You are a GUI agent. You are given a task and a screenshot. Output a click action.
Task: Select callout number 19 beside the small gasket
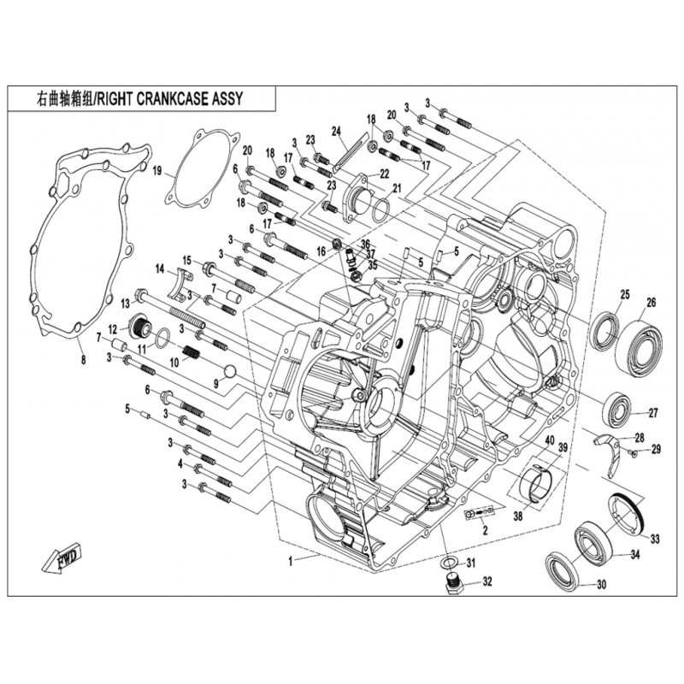coord(157,171)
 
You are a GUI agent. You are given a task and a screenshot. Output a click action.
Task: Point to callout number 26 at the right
coord(651,302)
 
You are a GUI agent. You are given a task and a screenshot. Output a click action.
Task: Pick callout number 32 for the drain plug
coord(487,582)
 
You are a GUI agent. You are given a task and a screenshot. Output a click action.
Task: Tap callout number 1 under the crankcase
coord(291,561)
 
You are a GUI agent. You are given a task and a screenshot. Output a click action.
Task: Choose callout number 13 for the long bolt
coord(126,303)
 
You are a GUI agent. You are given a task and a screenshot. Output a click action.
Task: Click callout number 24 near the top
coord(336,131)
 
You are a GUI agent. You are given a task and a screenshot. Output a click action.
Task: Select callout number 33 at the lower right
coord(655,539)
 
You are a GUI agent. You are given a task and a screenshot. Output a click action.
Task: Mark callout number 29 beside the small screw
coord(656,449)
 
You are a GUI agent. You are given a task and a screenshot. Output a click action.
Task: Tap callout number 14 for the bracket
coord(159,268)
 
